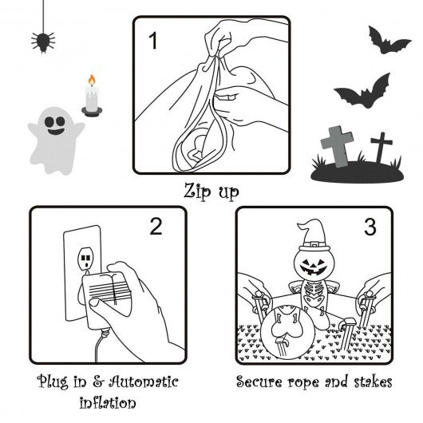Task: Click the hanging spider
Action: pyautogui.click(x=43, y=42)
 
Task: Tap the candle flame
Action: pyautogui.click(x=92, y=80)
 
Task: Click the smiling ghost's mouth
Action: pyautogui.click(x=56, y=132)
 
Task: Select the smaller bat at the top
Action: pyautogui.click(x=389, y=41)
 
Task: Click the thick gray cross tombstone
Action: pyautogui.click(x=338, y=146)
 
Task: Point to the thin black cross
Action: pyautogui.click(x=381, y=147)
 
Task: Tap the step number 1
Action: pyautogui.click(x=153, y=41)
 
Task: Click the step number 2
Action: pyautogui.click(x=156, y=227)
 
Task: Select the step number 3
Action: pyautogui.click(x=370, y=227)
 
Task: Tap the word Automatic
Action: pyautogui.click(x=144, y=381)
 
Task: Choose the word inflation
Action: pyautogui.click(x=108, y=402)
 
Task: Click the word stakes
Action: pyautogui.click(x=373, y=381)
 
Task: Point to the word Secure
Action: pyautogui.click(x=259, y=381)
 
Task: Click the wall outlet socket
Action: pyautogui.click(x=85, y=259)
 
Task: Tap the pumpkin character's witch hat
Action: pyautogui.click(x=314, y=235)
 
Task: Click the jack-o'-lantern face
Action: pyautogui.click(x=314, y=266)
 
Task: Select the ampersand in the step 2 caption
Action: pyautogui.click(x=98, y=381)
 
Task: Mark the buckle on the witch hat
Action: pyautogui.click(x=314, y=244)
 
